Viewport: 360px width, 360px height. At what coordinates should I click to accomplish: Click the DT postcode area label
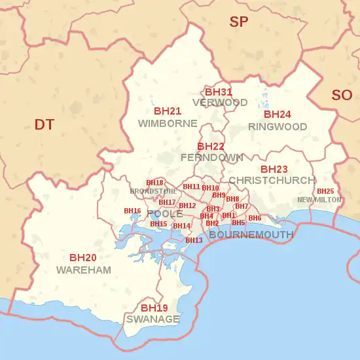45,124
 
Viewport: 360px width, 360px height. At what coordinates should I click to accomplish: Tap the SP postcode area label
239,22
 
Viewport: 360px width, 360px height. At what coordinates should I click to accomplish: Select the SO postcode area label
342,96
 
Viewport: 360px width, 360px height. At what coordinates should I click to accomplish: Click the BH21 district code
168,111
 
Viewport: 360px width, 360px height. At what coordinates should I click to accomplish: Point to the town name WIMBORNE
168,123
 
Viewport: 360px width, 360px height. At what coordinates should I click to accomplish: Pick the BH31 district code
219,92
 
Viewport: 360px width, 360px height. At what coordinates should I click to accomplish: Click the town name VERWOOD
220,103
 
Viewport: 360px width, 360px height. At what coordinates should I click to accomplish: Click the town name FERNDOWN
211,158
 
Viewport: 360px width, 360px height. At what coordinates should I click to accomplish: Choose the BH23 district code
274,169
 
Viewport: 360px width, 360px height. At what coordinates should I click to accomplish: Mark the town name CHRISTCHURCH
272,180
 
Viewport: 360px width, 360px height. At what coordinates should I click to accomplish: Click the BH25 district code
325,191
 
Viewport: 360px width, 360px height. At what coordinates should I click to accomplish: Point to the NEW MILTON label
319,200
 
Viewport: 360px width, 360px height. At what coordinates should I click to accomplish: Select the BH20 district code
83,258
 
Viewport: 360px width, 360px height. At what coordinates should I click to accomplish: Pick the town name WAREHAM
84,270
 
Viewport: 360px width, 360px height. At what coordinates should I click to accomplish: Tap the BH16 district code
132,211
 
